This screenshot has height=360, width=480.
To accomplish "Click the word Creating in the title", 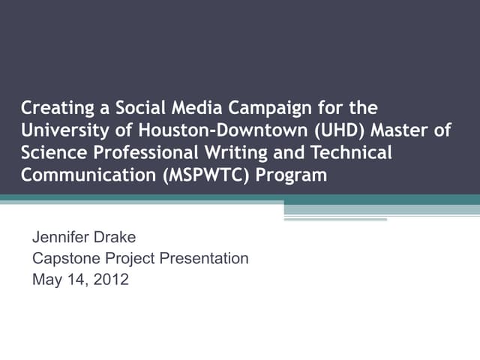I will tap(55, 107).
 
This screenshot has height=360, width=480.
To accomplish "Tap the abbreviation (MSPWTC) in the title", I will tap(204, 176).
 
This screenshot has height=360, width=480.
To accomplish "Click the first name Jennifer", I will tap(62, 238).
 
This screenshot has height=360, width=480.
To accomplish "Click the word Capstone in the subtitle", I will tap(63, 259).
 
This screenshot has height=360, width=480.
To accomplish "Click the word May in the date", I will tap(46, 281).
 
